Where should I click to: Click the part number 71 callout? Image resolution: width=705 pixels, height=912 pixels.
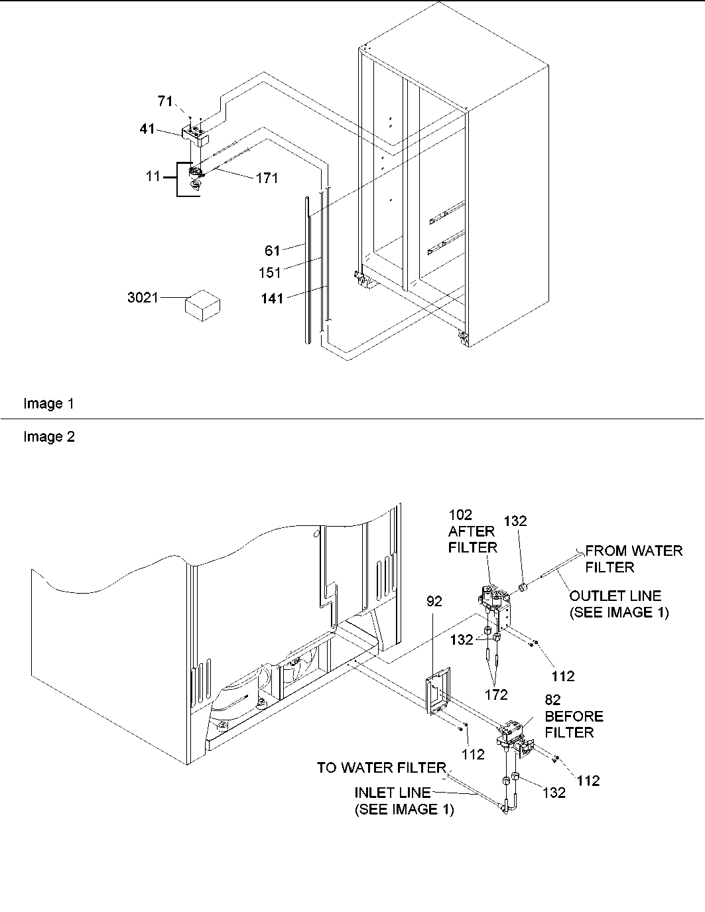165,101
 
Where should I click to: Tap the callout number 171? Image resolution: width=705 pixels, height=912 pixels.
267,178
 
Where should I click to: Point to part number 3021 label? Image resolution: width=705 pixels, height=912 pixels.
143,298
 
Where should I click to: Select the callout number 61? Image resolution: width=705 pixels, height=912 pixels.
273,250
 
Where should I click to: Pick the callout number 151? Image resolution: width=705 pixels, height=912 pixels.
270,272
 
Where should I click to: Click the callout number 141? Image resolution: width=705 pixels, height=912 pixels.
271,298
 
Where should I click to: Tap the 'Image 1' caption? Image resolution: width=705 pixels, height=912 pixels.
49,403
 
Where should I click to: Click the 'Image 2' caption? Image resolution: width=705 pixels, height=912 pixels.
49,436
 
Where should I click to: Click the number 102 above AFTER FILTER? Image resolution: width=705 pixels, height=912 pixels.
460,515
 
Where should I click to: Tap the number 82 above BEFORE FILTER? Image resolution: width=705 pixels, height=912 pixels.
553,700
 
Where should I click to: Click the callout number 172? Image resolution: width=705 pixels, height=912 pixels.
496,694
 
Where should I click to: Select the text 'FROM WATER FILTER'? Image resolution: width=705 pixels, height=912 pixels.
633,558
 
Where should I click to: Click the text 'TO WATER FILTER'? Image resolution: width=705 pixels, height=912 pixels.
381,767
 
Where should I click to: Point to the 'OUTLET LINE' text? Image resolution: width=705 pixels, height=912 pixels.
615,596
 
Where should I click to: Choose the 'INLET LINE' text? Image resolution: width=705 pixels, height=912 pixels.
392,793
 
